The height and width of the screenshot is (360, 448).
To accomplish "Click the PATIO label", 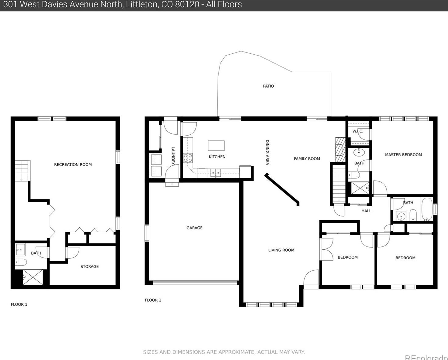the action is coord(268,86).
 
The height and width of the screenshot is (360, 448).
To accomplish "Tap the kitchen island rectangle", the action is coord(216,146).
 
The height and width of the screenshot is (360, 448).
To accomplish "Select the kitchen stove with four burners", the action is coord(188,158).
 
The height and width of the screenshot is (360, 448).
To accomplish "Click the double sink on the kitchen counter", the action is coord(215,173).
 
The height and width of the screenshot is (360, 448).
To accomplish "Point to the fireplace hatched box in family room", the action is coord(340,149).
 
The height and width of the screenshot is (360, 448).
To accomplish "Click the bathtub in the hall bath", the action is coord(427,209).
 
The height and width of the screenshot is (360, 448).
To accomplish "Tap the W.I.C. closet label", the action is coord(358,131).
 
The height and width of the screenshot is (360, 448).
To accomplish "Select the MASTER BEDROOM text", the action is coord(404,155).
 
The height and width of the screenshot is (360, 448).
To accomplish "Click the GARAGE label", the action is coord(194,228).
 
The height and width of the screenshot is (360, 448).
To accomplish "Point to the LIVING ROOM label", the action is coord(281,250).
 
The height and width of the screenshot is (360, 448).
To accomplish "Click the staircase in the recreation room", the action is coord(23,171).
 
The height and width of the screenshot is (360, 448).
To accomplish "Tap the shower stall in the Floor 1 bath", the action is coord(33,277).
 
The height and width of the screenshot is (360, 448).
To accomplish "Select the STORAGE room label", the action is coord(90,266).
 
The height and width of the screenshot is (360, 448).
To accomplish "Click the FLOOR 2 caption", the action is coord(153,300).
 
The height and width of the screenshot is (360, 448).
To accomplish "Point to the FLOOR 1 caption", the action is coord(19,304).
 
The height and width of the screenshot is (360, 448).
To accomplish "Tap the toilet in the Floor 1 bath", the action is coord(21,262).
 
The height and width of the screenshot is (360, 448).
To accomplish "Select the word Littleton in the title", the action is coord(141,4).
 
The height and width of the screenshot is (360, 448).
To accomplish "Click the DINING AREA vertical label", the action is coord(267,152).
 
